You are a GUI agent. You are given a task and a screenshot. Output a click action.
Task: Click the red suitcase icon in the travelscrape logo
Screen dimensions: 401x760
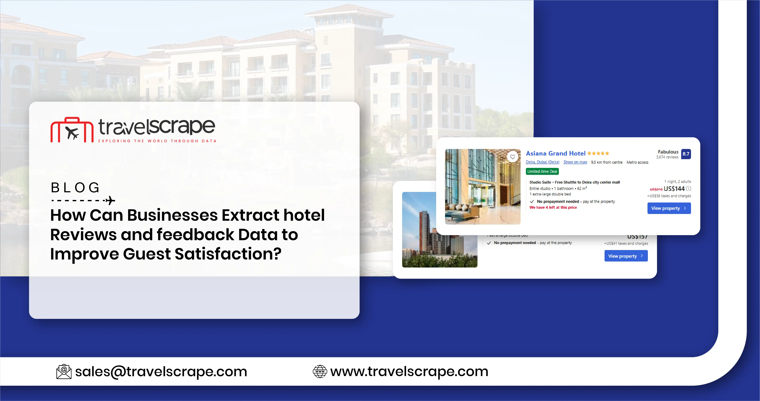coord(72,130)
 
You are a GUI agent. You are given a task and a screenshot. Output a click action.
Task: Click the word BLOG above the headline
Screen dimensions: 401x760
coord(75,188)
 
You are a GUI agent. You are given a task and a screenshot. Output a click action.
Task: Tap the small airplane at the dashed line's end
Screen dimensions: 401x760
coord(110,200)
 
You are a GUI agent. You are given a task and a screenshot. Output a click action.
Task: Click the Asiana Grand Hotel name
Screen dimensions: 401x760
coord(556,154)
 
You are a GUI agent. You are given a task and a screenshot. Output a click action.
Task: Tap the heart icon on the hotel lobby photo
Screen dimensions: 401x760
coord(512,157)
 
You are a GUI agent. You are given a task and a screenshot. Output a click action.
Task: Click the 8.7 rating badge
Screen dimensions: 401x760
coord(686,154)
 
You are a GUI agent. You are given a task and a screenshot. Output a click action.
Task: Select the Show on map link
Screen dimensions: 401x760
coord(575,162)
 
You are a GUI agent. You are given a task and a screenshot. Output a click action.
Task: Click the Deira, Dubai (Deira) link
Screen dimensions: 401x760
coord(542,162)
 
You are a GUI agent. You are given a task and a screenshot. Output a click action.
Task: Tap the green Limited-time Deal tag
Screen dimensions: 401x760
coord(542,171)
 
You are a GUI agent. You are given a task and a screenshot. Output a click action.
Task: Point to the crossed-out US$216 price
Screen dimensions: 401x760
coord(656,189)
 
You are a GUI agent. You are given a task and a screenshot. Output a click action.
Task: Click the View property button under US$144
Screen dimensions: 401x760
coord(669,208)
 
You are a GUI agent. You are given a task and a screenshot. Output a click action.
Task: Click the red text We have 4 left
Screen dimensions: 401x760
coord(553,207)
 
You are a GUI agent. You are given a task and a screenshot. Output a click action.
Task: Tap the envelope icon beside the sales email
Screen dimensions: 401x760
coord(64,371)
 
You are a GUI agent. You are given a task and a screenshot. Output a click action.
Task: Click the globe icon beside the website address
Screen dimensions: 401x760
coord(320,371)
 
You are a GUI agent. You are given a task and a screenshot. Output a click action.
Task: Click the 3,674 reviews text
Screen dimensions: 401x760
coord(667,157)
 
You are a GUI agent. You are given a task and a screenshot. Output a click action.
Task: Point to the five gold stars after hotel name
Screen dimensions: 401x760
coord(598,154)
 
